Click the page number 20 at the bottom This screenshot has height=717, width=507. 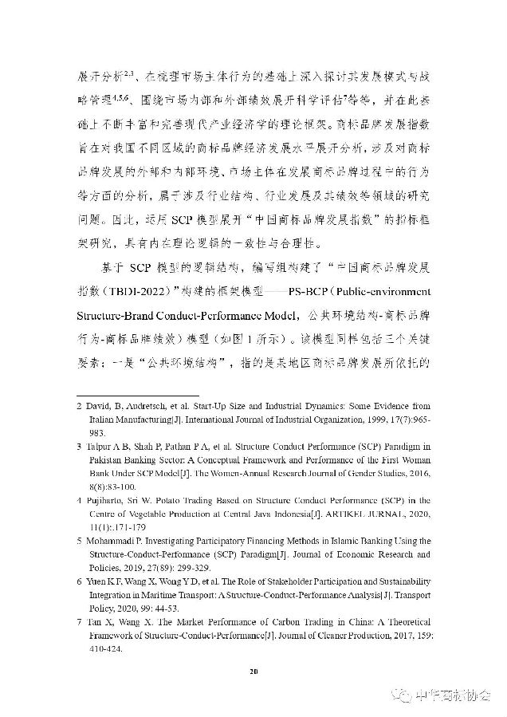tap(254, 672)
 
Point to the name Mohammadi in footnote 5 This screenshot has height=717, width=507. tap(112, 541)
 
